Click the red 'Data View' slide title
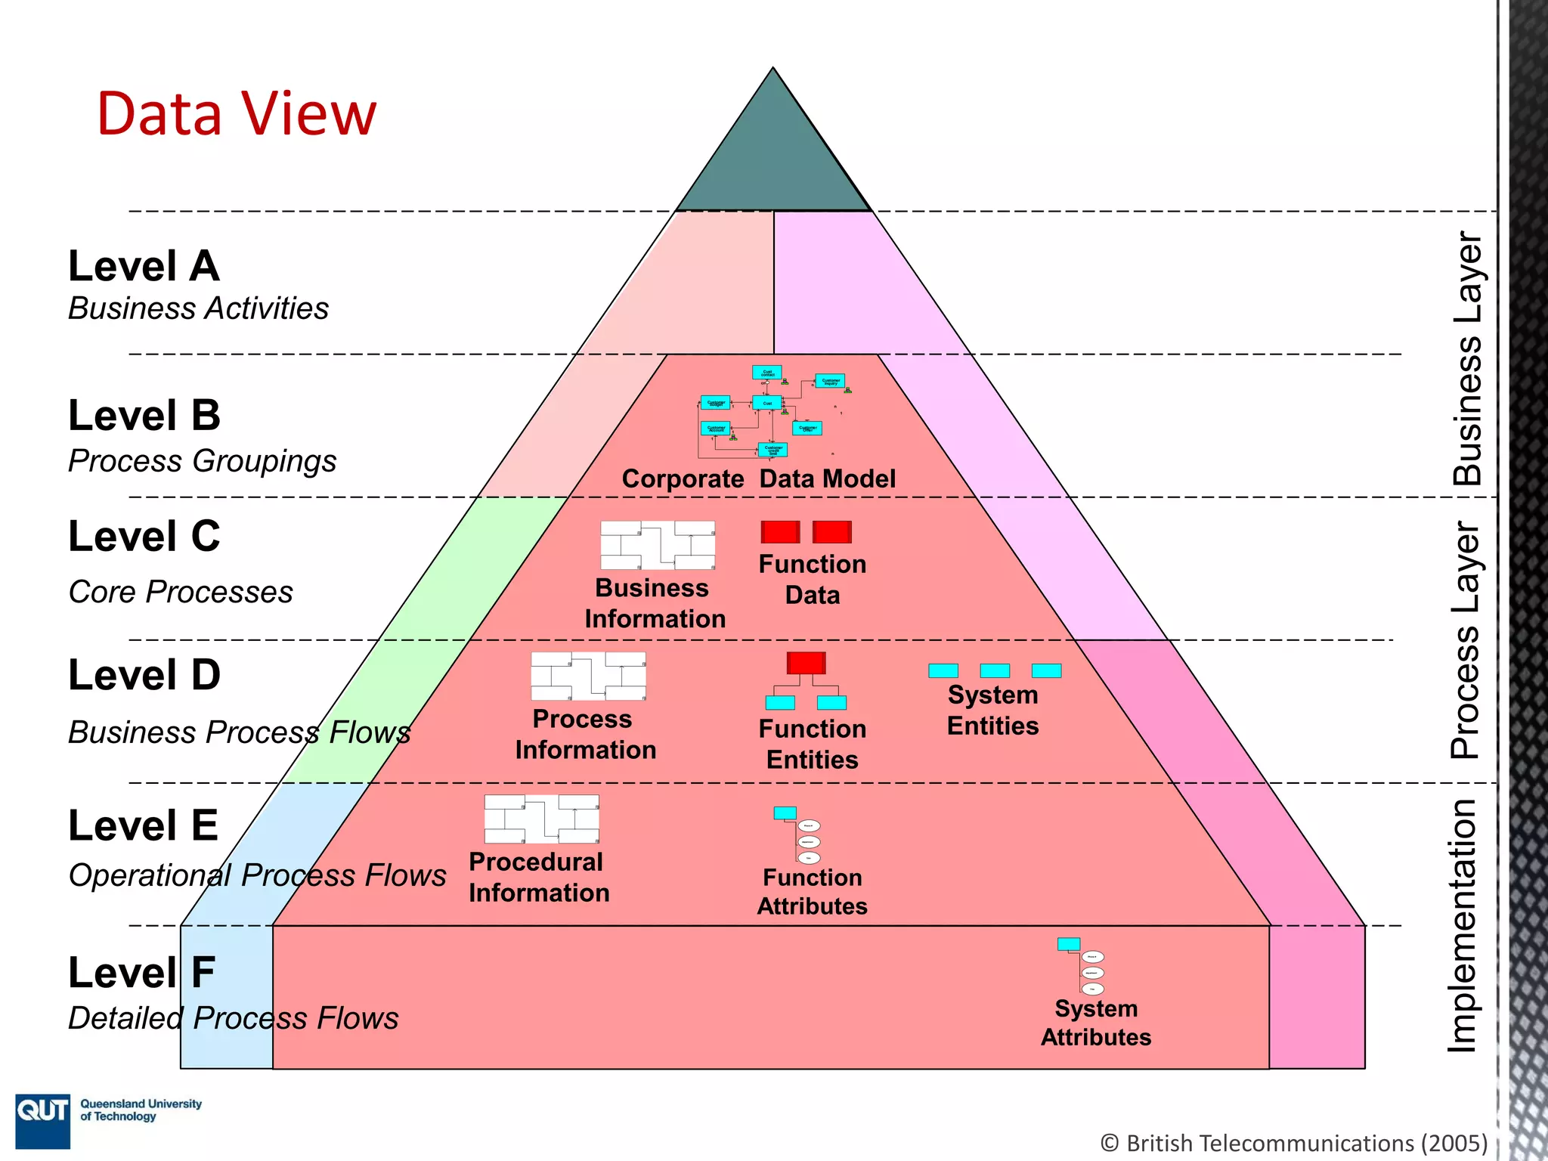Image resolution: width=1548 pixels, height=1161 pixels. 236,113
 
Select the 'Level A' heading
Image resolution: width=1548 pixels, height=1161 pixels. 144,266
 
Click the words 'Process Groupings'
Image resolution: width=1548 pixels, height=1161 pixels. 202,461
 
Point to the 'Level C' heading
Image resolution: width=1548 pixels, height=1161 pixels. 144,536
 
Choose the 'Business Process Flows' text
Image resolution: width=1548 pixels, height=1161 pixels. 239,732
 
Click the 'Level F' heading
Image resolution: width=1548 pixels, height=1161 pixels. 141,972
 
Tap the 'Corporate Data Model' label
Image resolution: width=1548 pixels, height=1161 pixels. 758,478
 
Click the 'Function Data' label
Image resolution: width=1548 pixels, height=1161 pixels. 812,579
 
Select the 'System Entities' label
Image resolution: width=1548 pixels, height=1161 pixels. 992,710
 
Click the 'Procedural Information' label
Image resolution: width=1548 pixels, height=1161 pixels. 538,877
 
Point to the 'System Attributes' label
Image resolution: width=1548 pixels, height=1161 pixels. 1095,1023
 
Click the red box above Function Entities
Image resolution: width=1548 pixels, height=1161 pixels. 806,663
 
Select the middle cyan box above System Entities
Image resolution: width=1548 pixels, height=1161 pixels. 994,670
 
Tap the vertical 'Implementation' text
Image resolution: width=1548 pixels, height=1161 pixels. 1462,925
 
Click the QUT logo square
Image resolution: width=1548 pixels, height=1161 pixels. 43,1121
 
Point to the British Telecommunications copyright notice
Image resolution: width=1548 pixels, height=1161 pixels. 1293,1143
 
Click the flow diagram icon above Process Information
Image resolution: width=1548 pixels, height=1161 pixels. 588,676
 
